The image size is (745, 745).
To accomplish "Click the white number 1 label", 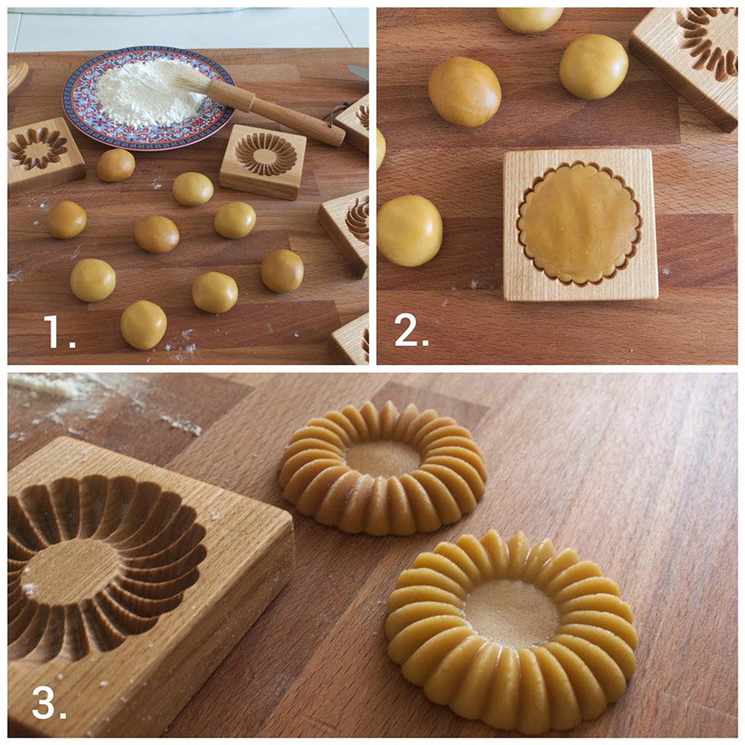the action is coord(59,332).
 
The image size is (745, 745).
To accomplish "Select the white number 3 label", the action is coord(49,702).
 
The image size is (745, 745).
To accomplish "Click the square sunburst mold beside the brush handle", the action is coord(263,161).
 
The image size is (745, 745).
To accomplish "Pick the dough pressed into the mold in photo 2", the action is coord(579,223).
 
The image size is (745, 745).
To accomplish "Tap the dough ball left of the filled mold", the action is coord(410,230).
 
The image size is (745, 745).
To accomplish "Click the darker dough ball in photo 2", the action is coord(464,91).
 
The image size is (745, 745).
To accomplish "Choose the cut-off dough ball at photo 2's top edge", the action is coord(530,19).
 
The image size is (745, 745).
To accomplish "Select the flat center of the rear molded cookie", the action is coord(383,458).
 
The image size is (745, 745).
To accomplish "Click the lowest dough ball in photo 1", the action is coord(144,325).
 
